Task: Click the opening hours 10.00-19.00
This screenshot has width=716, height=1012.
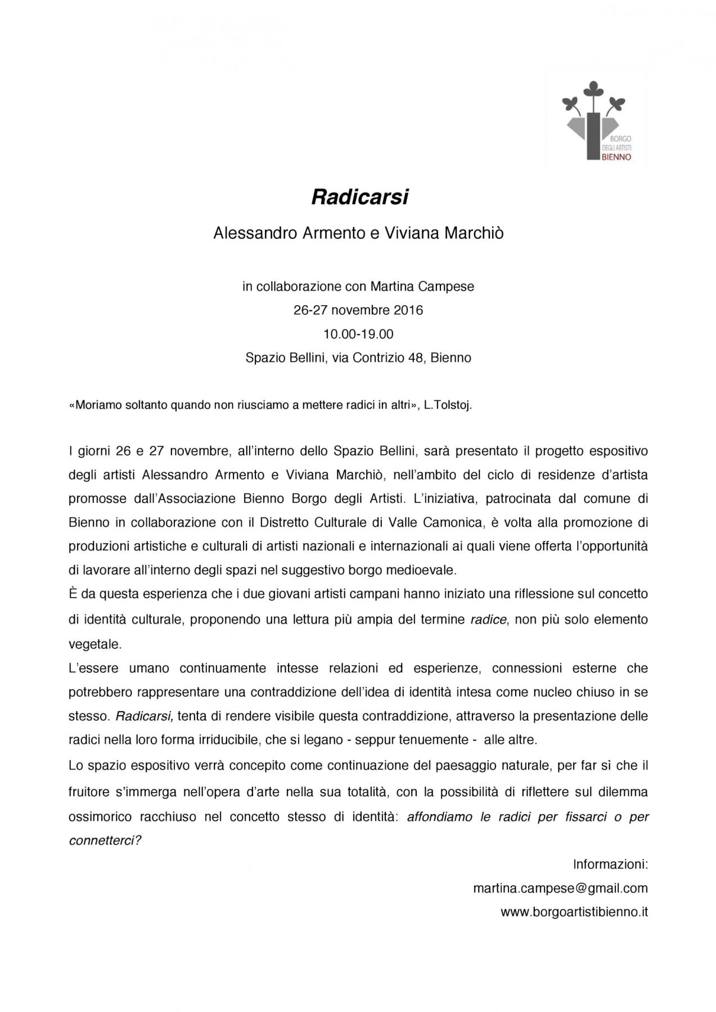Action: point(358,334)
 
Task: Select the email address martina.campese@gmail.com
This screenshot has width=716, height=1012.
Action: point(560,888)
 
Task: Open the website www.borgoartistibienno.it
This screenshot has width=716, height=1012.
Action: point(574,912)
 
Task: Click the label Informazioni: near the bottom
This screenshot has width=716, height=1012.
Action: point(610,864)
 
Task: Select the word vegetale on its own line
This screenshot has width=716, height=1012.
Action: point(95,644)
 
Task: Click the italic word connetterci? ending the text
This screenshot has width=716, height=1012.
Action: point(105,841)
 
